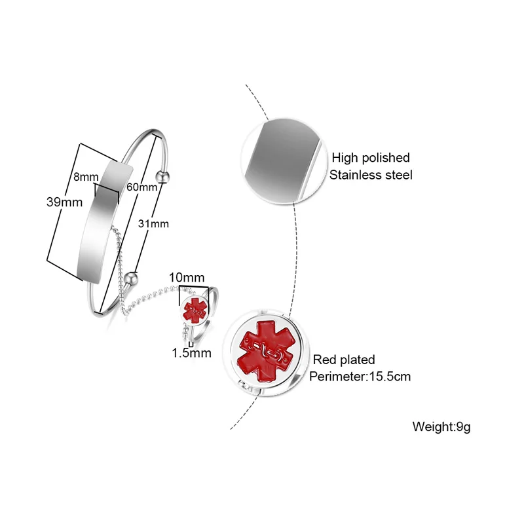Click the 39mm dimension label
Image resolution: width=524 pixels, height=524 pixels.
64,202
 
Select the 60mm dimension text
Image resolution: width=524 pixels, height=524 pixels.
143,187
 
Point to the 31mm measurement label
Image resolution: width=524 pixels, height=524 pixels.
155,223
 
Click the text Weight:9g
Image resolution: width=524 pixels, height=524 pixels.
441,427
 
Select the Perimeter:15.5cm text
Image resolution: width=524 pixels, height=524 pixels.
360,377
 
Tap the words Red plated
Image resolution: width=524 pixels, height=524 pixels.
344,360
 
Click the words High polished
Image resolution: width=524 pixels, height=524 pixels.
371,157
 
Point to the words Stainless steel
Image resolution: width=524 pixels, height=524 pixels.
371,175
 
